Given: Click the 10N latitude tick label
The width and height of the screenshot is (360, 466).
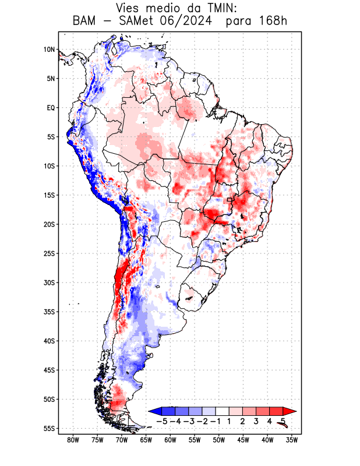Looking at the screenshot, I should click(x=49, y=50).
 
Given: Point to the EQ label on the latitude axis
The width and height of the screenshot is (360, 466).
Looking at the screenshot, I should click(x=51, y=108).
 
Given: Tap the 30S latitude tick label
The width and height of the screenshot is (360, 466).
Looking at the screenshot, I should click(x=49, y=283).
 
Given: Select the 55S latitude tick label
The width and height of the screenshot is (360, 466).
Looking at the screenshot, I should click(x=49, y=429).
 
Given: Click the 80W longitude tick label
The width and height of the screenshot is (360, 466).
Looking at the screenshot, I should click(x=73, y=440).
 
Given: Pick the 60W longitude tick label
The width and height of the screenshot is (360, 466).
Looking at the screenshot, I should click(x=170, y=440).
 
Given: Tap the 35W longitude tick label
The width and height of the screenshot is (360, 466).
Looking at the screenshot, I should click(x=292, y=440).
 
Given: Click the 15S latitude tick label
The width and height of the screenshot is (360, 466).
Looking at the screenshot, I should click(x=49, y=195).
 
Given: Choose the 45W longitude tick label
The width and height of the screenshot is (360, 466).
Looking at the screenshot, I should click(x=243, y=440).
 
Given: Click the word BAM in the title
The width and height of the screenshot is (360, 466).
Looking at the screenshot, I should click(x=85, y=22).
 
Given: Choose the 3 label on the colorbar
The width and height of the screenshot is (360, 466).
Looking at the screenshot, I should click(x=256, y=421).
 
